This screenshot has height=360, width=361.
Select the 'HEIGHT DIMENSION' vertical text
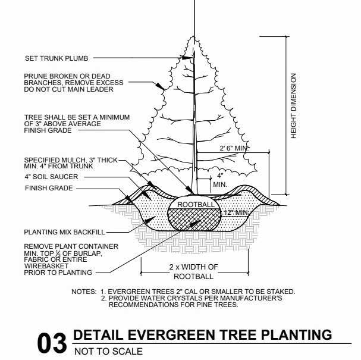(293, 107)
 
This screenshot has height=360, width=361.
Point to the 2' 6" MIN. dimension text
(215, 148)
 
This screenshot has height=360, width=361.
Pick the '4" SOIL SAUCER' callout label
(51, 177)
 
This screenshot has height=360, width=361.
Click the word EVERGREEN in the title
(162, 335)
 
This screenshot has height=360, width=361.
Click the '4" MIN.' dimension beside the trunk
(219, 180)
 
